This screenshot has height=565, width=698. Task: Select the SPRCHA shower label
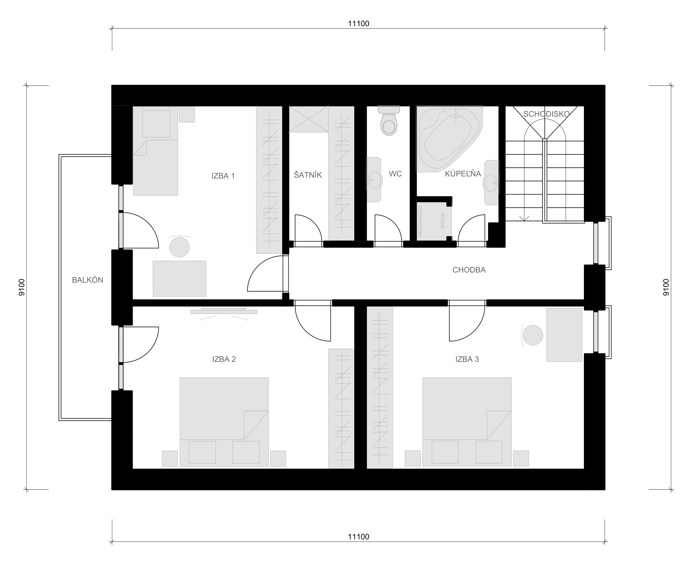[x=442, y=221]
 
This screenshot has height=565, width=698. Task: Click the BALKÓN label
[x=88, y=280]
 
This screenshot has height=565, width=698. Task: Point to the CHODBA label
[x=469, y=270]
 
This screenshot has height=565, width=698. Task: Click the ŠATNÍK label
[x=308, y=175]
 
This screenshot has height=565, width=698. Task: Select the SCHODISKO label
[x=546, y=114]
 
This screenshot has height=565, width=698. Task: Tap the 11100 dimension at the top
[x=359, y=23]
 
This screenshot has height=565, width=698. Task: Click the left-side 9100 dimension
[x=22, y=287]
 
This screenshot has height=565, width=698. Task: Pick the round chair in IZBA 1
[x=179, y=247]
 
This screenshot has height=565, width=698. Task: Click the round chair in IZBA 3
[x=532, y=335]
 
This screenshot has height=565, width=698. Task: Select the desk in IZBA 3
[x=564, y=335]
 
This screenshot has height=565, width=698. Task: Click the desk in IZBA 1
[x=180, y=279]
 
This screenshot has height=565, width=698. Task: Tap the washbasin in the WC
[x=374, y=180]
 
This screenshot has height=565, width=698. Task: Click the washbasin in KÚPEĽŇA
[x=491, y=183]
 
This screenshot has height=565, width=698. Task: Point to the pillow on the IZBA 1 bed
[x=156, y=124]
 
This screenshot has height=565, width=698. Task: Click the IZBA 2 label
[x=224, y=359]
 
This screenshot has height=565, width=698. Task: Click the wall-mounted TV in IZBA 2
[x=223, y=311]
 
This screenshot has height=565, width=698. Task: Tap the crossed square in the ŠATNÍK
[x=309, y=119]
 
